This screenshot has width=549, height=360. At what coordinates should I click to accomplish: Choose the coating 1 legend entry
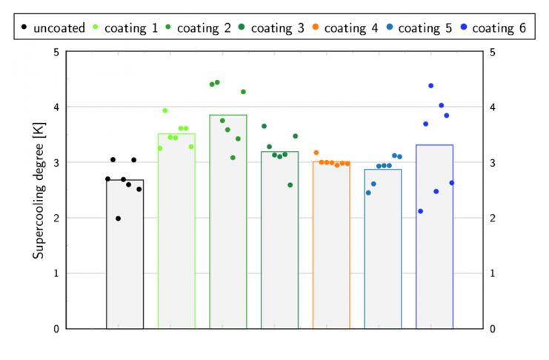(x=127, y=28)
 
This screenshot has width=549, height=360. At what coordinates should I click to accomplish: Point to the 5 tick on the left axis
(x=56, y=52)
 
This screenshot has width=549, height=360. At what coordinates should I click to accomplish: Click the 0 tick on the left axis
(x=56, y=328)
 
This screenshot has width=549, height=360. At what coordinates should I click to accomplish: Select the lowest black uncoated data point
(x=118, y=219)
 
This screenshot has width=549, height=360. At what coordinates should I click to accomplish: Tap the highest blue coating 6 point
(x=430, y=86)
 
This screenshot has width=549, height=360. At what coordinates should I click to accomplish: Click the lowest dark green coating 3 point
(x=290, y=185)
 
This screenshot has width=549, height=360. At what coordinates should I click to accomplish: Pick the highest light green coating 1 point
(x=165, y=111)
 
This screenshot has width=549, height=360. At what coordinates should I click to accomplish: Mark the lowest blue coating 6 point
(x=420, y=211)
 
